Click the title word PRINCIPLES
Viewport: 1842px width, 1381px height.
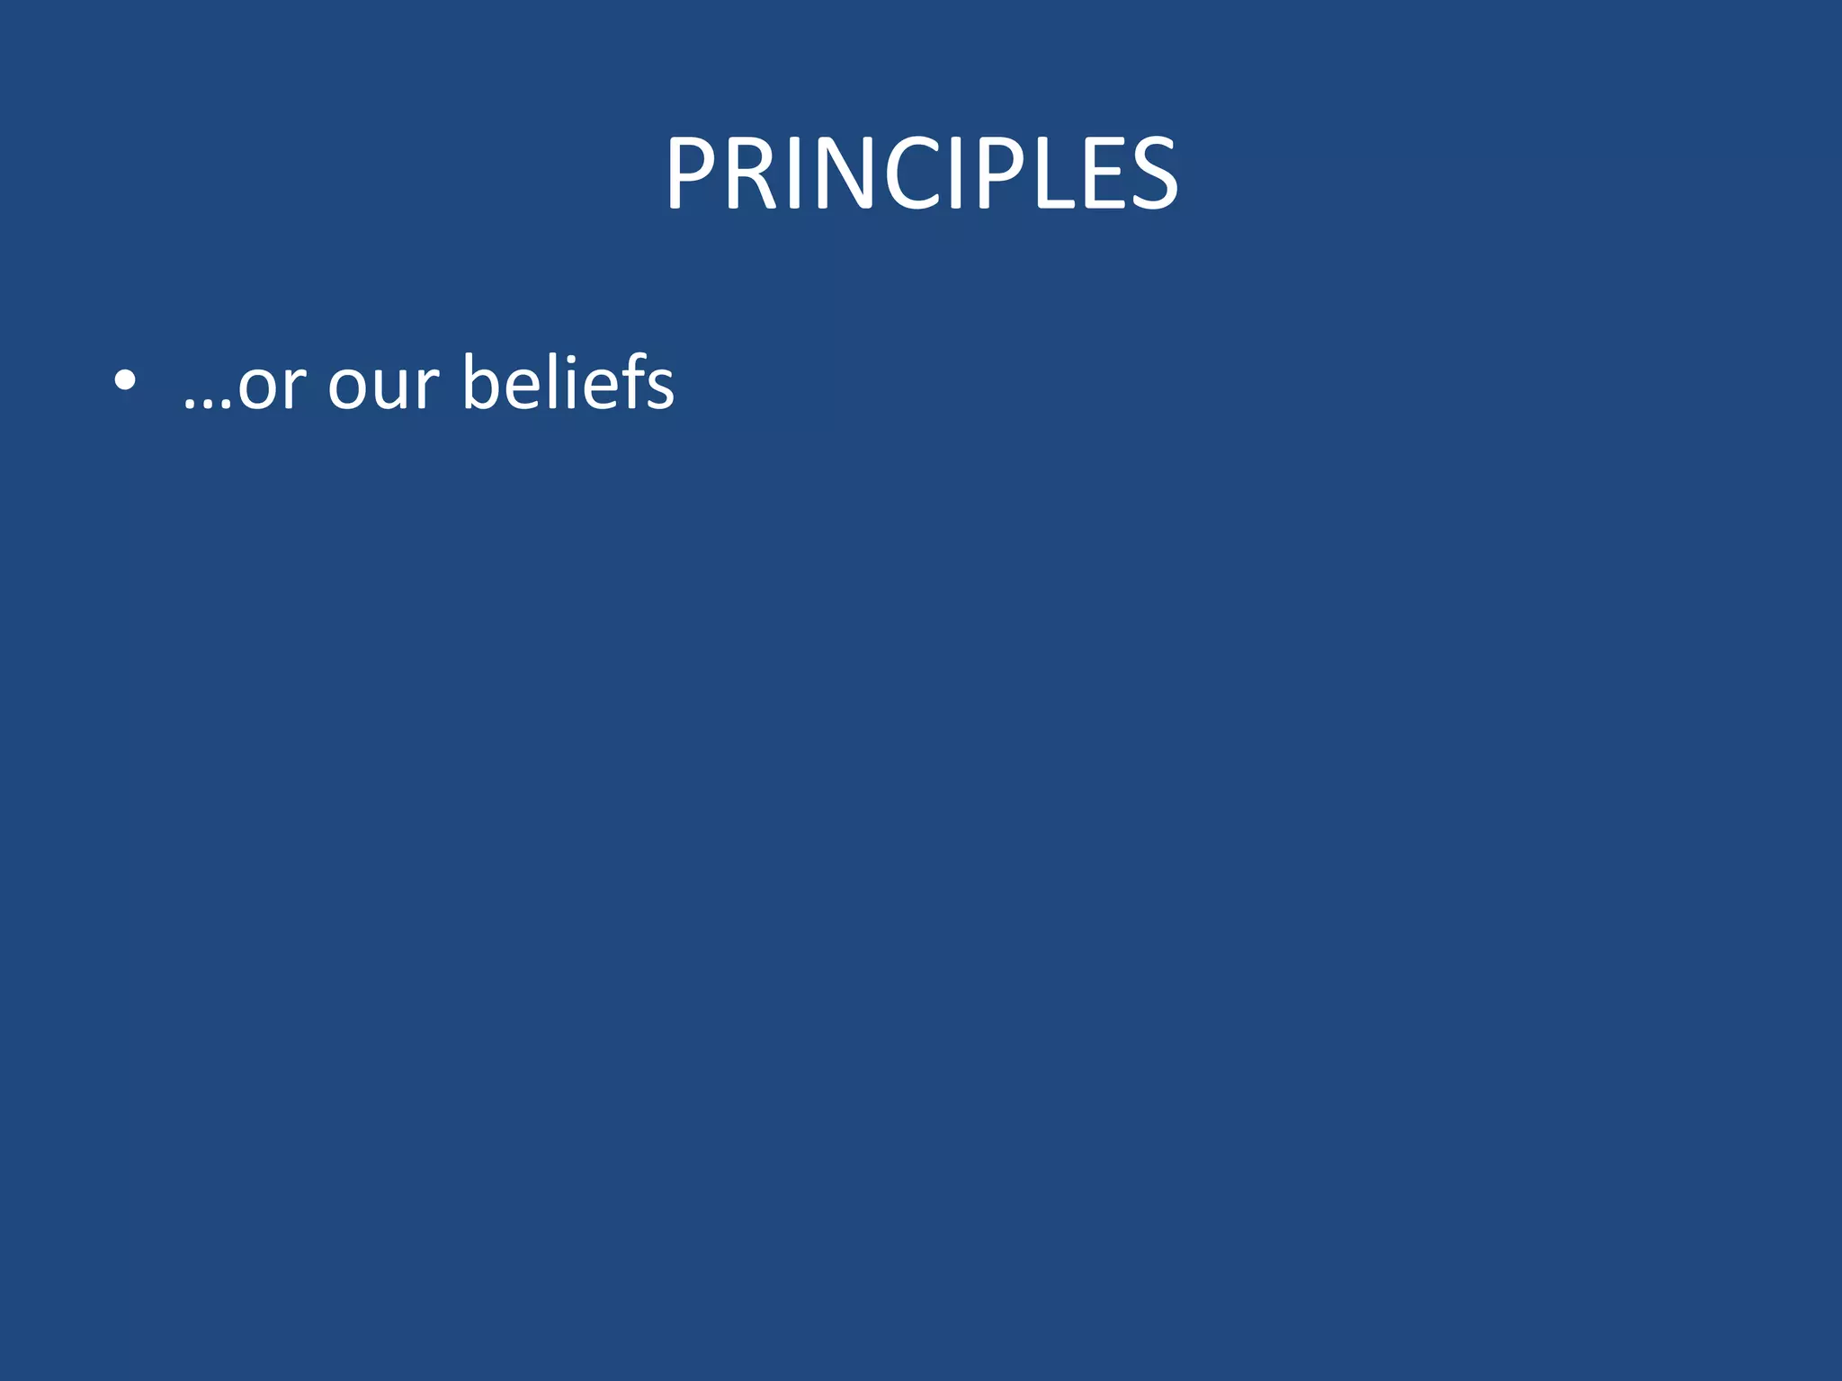921,173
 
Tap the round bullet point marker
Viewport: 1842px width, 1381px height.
125,381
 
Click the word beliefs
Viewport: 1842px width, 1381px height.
568,381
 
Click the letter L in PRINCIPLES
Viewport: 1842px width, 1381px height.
1053,173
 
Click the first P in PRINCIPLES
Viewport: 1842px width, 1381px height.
692,173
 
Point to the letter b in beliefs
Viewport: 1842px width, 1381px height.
485,383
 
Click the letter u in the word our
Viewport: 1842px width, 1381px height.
386,388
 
